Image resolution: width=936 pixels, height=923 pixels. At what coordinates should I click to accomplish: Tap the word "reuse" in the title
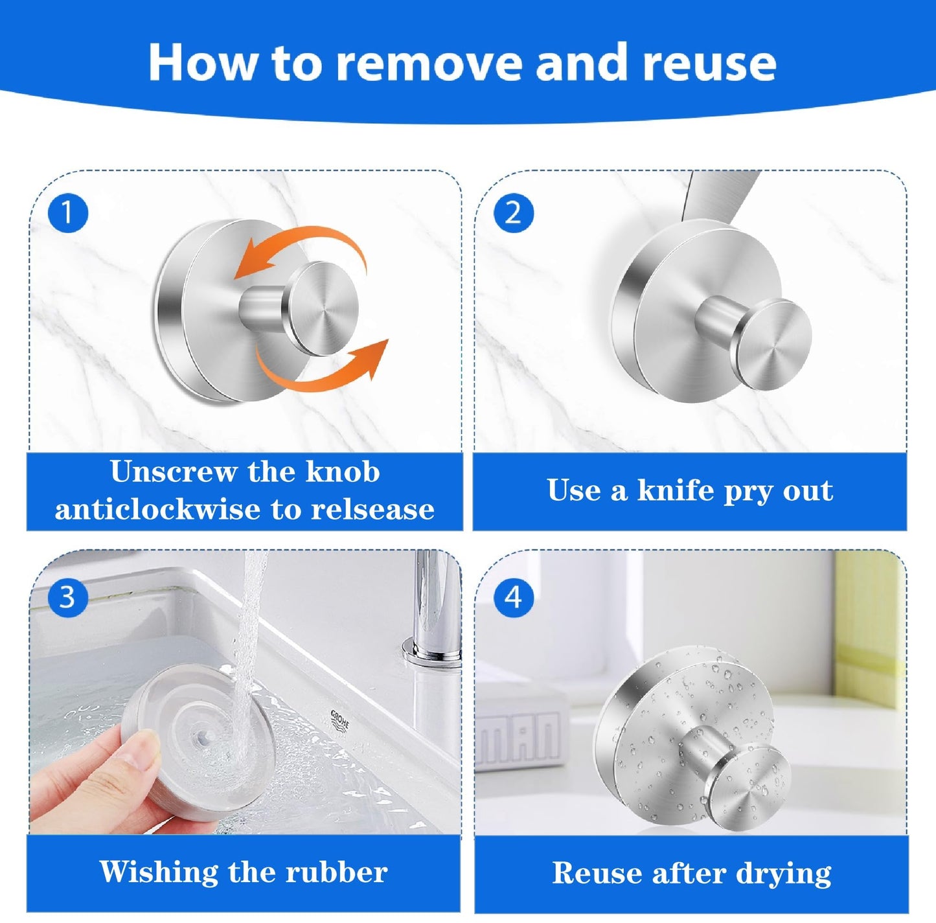(709, 63)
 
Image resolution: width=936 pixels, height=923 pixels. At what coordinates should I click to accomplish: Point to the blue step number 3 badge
(68, 597)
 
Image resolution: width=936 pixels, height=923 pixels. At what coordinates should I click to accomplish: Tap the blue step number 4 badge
(514, 597)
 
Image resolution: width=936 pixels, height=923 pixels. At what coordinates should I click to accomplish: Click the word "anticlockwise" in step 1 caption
(159, 510)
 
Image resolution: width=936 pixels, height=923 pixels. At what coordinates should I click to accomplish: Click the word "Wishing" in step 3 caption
(159, 871)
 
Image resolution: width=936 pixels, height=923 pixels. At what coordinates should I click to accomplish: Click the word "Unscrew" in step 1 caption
(172, 472)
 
